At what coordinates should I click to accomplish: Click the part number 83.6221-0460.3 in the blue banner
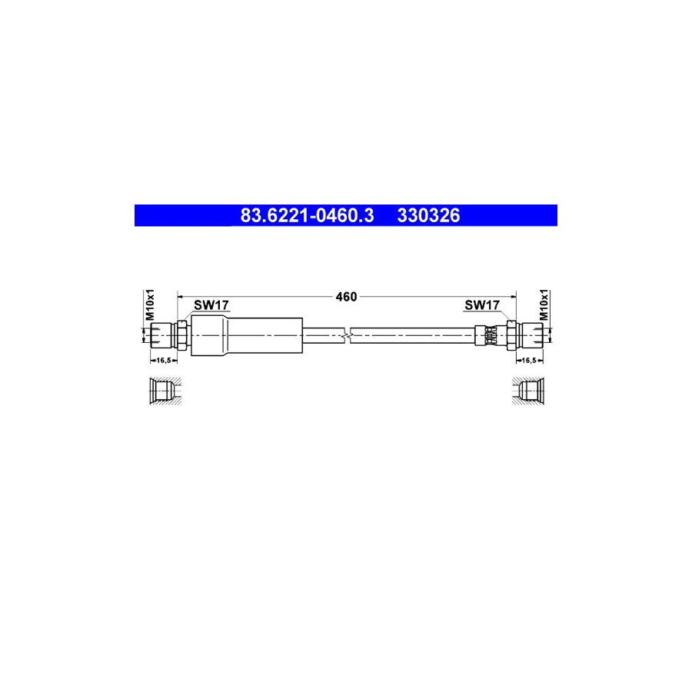tap(307, 215)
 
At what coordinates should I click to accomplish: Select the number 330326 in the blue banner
tap(428, 215)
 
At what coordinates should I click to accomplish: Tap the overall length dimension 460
tap(347, 297)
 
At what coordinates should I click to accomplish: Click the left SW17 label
tap(211, 305)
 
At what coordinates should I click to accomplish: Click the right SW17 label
tap(483, 305)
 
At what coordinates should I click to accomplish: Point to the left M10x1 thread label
tap(151, 305)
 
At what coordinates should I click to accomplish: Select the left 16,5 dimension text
tap(161, 360)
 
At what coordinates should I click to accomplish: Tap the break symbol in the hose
tap(350, 334)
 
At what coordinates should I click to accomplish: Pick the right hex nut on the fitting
tap(510, 334)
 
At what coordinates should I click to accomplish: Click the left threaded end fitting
tap(160, 334)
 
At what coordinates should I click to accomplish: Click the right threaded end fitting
tap(532, 334)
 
